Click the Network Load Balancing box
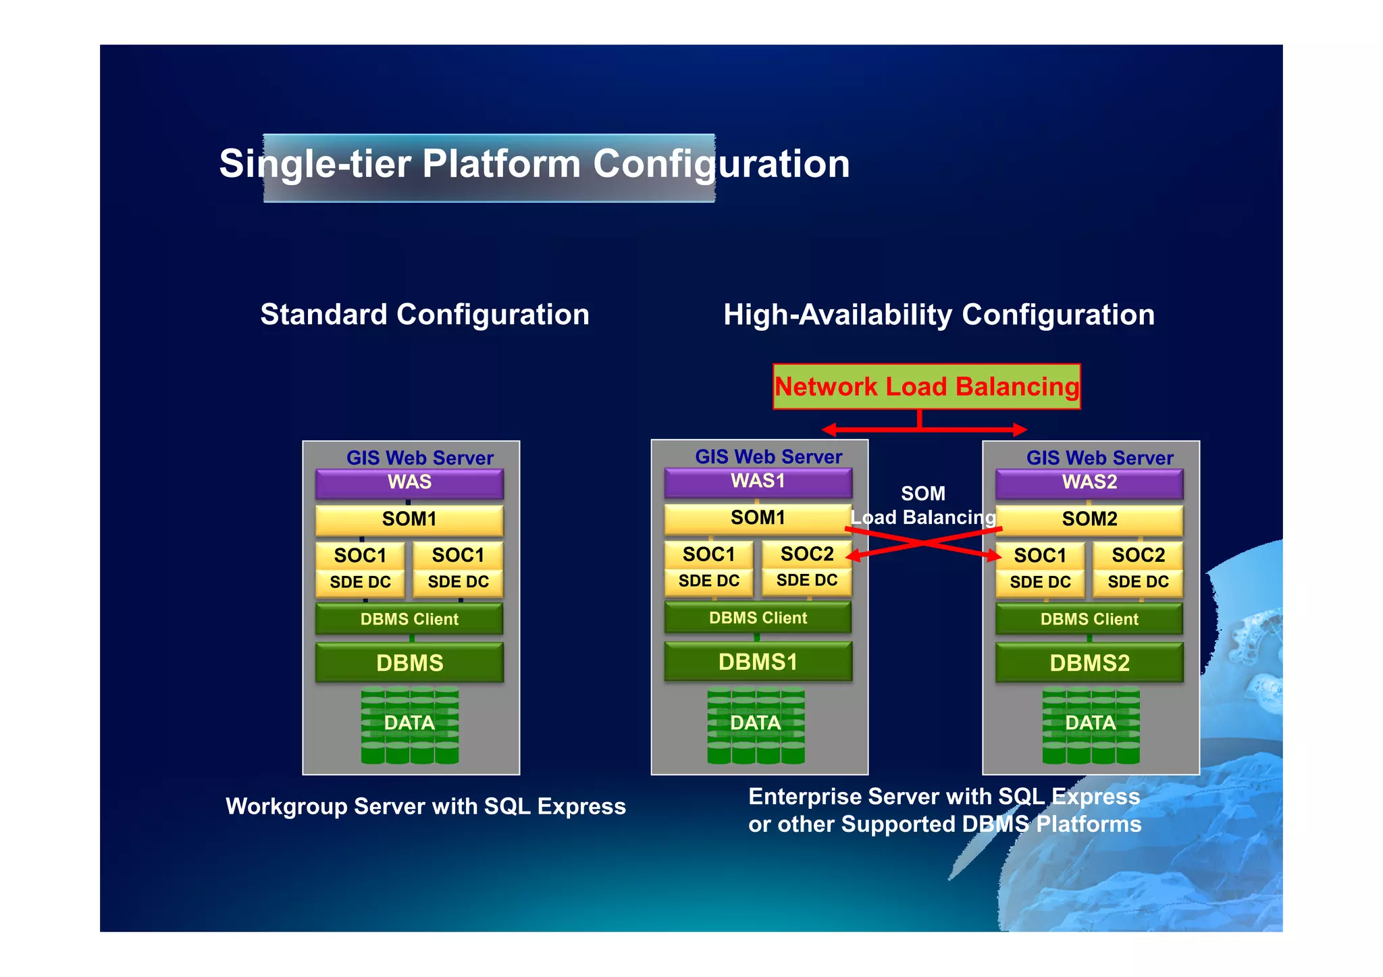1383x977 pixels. pos(926,387)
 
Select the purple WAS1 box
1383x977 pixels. pos(758,481)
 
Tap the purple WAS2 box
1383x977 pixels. pos(1089,483)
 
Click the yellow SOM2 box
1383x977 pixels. pos(1089,519)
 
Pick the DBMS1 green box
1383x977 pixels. pos(758,662)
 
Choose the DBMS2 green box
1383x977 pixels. pos(1089,663)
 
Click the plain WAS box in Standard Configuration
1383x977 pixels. pos(409,483)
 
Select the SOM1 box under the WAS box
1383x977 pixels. pos(409,519)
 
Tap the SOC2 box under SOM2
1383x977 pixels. pos(1138,556)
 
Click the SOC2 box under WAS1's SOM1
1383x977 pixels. pos(806,554)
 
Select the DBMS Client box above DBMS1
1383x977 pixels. pos(758,618)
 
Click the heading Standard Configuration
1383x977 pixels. pos(425,315)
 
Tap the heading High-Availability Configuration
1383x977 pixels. pos(939,315)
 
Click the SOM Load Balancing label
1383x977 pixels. pos(922,506)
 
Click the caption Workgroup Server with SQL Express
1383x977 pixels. pos(425,806)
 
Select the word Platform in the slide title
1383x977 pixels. pos(501,164)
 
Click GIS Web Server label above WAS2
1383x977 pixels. pos(1099,458)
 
